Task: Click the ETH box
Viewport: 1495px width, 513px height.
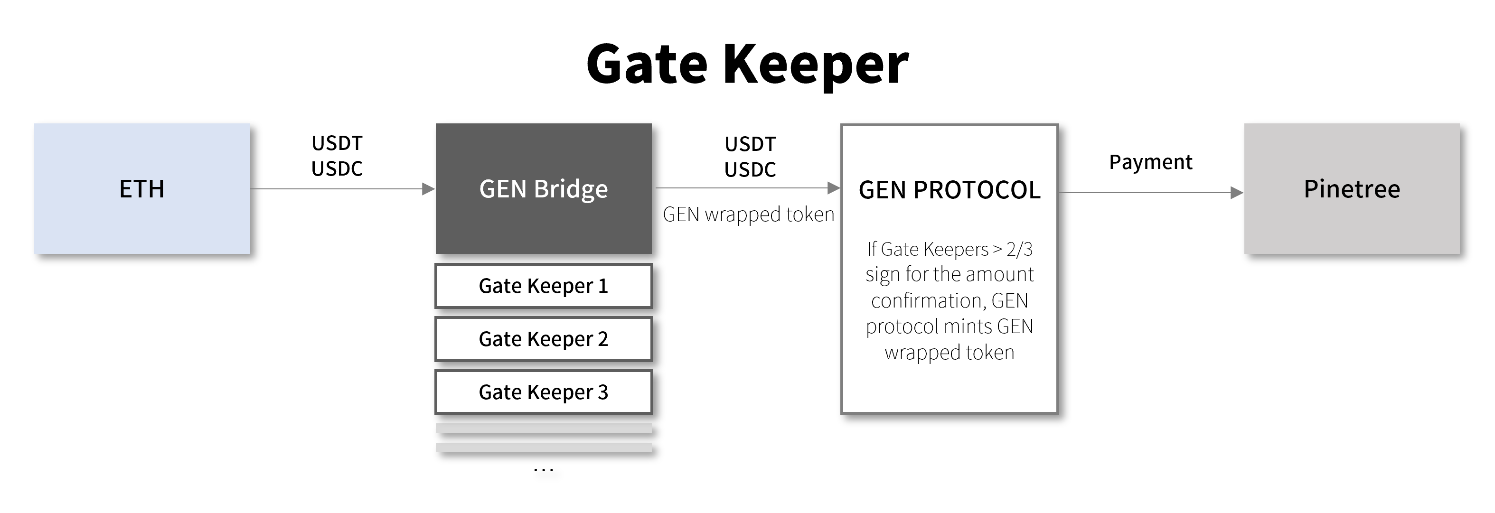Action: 142,188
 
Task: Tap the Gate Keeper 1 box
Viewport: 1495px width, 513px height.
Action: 544,286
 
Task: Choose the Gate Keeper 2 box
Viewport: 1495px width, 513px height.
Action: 544,339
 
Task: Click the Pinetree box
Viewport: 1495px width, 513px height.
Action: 1352,188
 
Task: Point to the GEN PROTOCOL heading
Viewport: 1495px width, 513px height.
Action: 950,190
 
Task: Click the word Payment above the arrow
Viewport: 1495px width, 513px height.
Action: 1151,162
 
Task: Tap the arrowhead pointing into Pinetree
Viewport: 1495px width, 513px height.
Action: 1237,193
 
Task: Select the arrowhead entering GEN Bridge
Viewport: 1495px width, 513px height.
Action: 428,188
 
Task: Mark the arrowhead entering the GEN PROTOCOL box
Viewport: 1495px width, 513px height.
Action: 834,188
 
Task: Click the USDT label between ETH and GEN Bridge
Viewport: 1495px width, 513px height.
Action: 337,143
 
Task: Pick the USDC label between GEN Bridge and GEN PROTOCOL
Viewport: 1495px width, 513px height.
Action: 751,169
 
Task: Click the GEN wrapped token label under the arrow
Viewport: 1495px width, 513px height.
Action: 749,215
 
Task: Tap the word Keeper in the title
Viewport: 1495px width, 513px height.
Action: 816,65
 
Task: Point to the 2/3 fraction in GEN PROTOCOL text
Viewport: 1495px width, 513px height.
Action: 1020,249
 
